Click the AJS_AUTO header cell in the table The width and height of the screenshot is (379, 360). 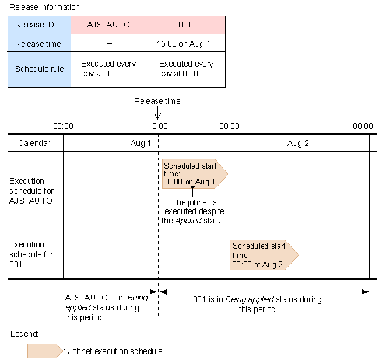coord(109,25)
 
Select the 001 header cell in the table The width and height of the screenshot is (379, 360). coord(187,25)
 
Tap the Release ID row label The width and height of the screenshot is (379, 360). coord(39,25)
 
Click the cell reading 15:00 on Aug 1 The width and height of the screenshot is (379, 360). coord(187,43)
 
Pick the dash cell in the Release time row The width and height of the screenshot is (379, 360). coord(109,43)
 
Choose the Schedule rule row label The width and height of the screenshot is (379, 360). coord(39,69)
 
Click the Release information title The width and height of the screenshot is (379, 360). coord(44,7)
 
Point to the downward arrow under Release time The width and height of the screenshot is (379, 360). coord(157,113)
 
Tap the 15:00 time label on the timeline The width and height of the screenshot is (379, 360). coord(157,126)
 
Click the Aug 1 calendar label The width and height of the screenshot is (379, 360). coord(141,143)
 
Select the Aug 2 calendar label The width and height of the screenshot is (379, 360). coord(298,143)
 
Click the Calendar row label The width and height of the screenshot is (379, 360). coord(34,143)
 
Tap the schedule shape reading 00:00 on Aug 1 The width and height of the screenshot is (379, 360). coord(195,174)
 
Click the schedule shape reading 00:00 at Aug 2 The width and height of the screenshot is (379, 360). coord(264,255)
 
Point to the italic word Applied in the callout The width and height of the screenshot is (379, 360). coord(188,221)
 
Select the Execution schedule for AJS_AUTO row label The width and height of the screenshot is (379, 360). coord(31,191)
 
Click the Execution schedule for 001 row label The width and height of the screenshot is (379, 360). coord(31,254)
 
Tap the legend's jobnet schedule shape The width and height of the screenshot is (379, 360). coord(45,351)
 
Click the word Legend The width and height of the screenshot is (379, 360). coord(24,334)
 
